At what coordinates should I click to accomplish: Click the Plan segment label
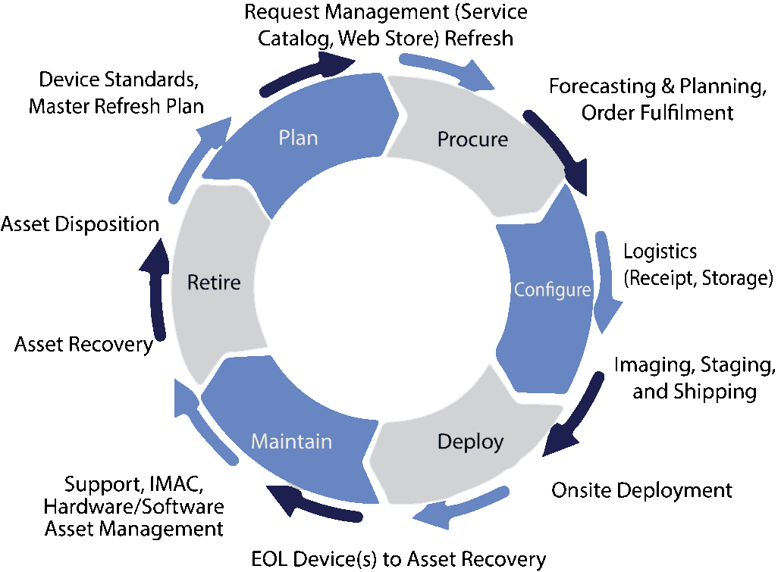298,138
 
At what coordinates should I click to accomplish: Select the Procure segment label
472,139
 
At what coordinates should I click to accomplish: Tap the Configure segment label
552,289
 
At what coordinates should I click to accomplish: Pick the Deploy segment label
470,441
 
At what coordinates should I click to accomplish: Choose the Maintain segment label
291,441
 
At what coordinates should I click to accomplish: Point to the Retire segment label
214,283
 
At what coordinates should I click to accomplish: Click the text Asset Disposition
80,224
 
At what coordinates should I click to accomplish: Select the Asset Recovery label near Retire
83,345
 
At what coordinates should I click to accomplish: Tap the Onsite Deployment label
641,490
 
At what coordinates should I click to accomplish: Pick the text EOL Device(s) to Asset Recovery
398,560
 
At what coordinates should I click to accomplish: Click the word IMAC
176,483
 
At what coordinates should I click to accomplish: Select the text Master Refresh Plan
116,105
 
